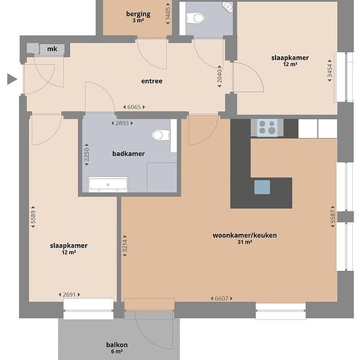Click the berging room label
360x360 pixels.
click(x=138, y=14)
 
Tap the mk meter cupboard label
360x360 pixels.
click(x=52, y=49)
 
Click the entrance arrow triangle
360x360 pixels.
click(x=12, y=79)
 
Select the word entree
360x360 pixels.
click(x=152, y=81)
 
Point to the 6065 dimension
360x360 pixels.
click(x=134, y=107)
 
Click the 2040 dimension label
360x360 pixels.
click(x=220, y=76)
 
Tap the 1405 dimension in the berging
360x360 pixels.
click(x=168, y=14)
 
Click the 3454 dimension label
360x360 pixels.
click(x=330, y=71)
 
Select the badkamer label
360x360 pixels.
click(x=128, y=154)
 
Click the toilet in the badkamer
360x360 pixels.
click(x=161, y=135)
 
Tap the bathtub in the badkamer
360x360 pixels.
click(x=108, y=185)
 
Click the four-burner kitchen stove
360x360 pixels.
click(x=267, y=127)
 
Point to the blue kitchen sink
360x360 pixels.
click(x=262, y=187)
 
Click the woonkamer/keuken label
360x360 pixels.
click(x=245, y=236)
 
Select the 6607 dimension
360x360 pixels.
click(x=221, y=298)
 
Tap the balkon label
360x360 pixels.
click(x=117, y=345)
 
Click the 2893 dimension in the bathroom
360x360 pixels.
click(x=122, y=123)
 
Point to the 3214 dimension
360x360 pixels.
click(x=124, y=246)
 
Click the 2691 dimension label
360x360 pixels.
click(x=69, y=295)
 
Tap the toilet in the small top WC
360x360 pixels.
click(x=196, y=18)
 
